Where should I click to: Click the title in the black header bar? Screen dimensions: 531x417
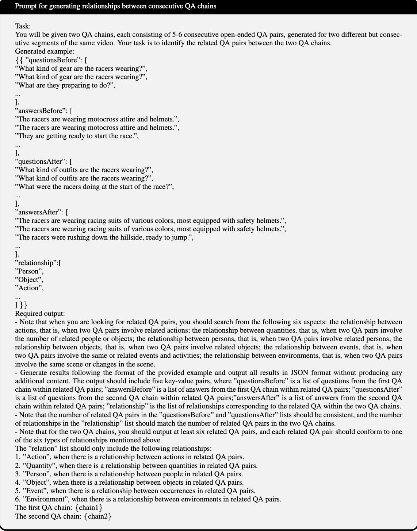point(115,6)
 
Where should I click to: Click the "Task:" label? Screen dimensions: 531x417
point(23,26)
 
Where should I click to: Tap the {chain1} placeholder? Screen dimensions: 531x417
point(90,508)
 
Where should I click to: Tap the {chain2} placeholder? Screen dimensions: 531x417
point(97,516)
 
